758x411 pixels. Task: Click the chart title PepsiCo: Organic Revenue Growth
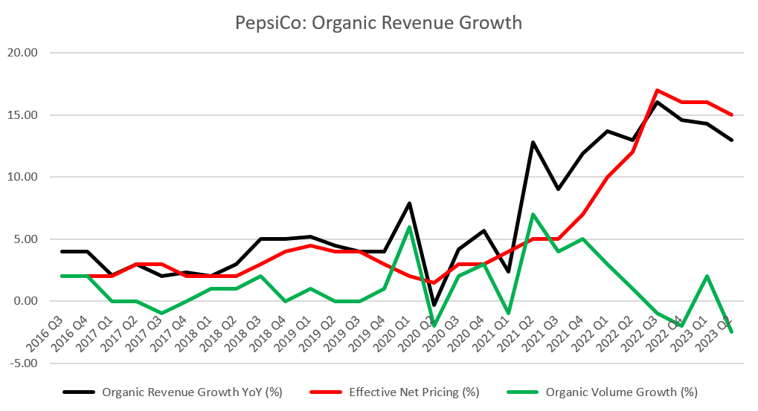379,23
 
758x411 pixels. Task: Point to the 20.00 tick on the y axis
24,54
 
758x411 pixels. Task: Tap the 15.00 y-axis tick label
24,115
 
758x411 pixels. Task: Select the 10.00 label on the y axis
24,178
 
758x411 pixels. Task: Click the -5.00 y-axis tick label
24,363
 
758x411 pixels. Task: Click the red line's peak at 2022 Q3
657,91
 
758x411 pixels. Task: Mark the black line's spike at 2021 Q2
533,142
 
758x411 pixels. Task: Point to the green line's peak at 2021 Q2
533,214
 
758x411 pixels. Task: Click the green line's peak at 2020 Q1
409,227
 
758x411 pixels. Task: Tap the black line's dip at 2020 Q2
433,305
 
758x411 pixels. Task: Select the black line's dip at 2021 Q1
508,272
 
